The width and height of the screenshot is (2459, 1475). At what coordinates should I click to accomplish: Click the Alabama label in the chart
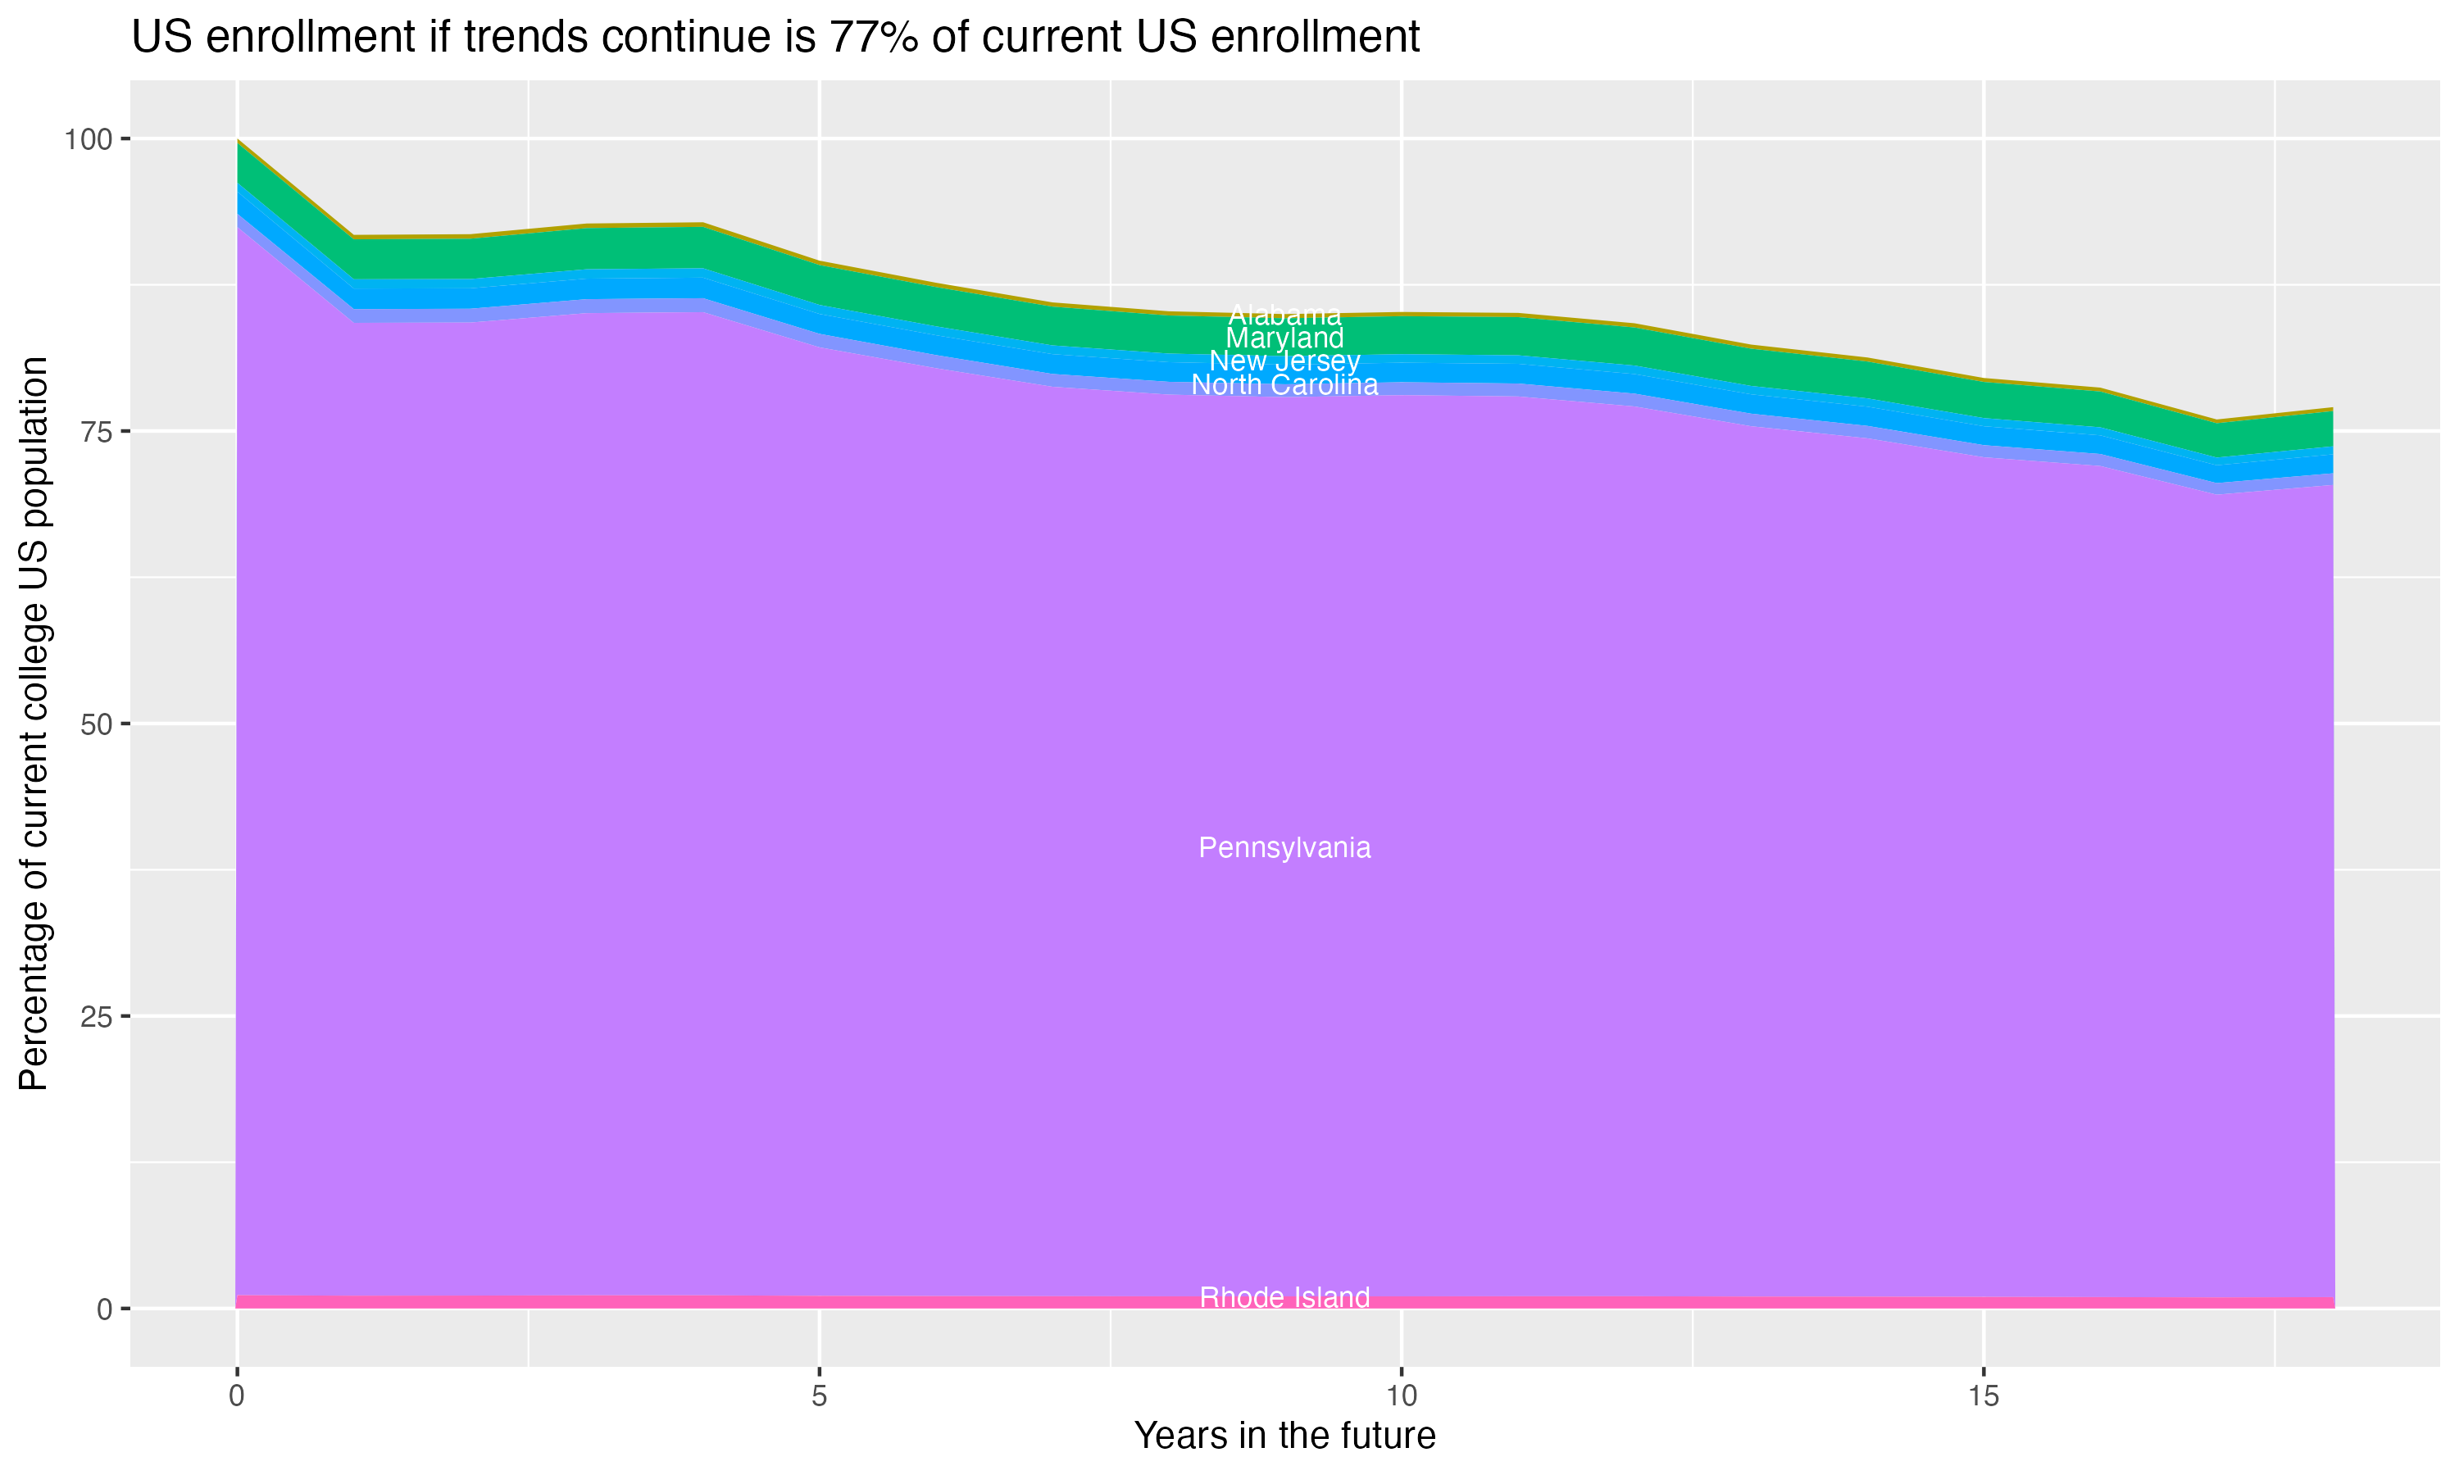(x=1284, y=316)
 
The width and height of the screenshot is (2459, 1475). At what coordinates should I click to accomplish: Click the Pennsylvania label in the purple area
(x=1284, y=848)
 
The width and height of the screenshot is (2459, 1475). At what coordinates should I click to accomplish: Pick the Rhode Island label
(x=1284, y=1298)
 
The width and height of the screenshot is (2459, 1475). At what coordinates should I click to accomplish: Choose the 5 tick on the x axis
(x=819, y=1397)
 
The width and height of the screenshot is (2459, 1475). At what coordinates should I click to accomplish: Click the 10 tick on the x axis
(x=1401, y=1397)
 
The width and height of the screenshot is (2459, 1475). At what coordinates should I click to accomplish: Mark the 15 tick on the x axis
(x=1983, y=1397)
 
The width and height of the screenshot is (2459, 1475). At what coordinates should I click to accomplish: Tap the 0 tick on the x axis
(x=237, y=1397)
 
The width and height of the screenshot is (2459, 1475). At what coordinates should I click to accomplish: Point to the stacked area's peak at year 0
(x=238, y=141)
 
